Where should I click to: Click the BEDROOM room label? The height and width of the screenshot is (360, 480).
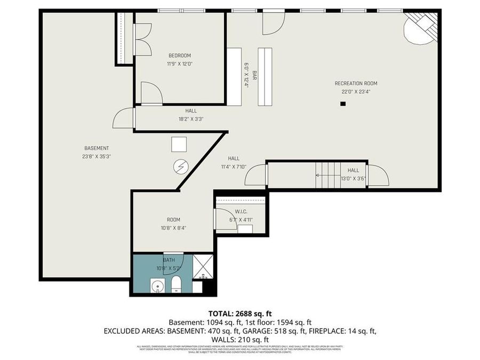pos(179,55)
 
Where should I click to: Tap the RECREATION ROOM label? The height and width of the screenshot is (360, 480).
pos(356,83)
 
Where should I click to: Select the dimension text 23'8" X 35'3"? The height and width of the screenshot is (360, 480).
pos(97,156)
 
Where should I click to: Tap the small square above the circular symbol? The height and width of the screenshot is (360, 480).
pos(179,145)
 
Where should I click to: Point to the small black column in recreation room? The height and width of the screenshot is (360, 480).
pos(343,105)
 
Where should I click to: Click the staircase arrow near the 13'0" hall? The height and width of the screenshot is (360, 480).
pos(325,174)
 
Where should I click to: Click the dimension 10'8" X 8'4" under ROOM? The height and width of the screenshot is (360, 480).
pos(173,228)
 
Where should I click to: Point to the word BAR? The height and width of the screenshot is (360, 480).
pos(255,76)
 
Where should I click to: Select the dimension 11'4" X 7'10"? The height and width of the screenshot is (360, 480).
pos(234,167)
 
